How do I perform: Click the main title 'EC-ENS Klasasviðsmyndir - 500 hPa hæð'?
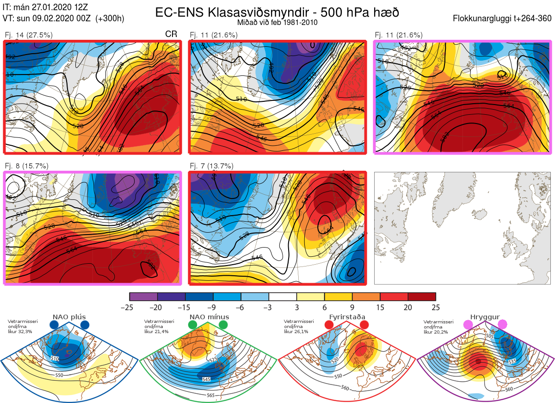277,12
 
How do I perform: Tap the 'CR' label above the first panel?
171,35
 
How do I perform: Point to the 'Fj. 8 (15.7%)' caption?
26,166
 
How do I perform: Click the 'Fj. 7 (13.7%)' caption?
212,166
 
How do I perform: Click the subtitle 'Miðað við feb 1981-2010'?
277,22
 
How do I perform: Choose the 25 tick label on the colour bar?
435,307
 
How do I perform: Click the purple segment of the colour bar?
143,297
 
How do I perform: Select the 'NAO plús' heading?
69,317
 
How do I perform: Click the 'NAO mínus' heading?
209,317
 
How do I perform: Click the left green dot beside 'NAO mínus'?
193,325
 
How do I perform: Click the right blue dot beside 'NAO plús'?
85,325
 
